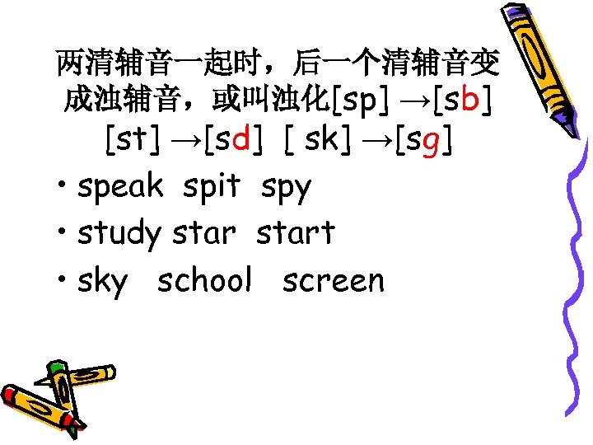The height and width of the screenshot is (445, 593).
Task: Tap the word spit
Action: click(211, 188)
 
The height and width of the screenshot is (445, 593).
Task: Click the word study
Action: click(119, 234)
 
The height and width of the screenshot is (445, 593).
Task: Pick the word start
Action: click(295, 234)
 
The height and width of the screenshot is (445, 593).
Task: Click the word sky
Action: click(103, 282)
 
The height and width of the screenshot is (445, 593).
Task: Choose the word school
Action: click(204, 282)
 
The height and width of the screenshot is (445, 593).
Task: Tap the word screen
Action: click(333, 282)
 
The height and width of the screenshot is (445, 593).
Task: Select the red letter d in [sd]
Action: click(241, 141)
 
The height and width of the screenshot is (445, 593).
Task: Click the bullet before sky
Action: click(62, 282)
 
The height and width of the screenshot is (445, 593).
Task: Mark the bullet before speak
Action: click(62, 188)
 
